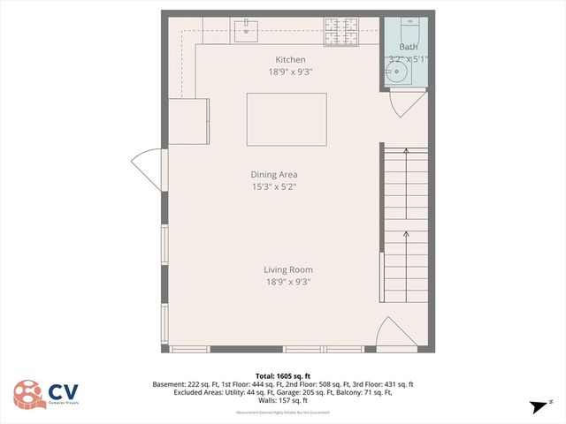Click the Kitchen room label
(x=289, y=59)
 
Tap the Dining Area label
(x=273, y=174)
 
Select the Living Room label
(x=288, y=269)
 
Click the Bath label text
(x=409, y=47)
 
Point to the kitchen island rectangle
(x=286, y=119)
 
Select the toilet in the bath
(x=409, y=25)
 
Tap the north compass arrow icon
(x=537, y=406)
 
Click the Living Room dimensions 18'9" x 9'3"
(x=287, y=282)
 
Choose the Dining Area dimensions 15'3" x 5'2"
(x=273, y=186)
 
